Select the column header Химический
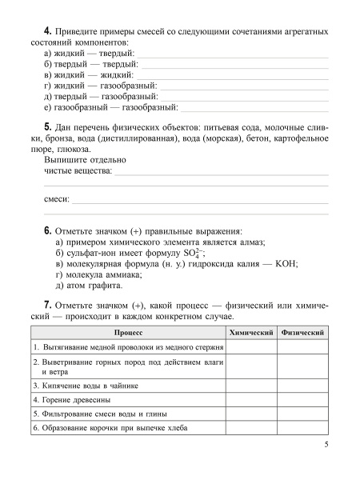click(251, 332)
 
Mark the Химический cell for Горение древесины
click(251, 398)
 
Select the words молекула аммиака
click(104, 274)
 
